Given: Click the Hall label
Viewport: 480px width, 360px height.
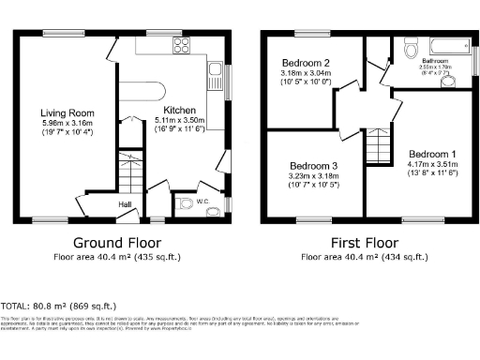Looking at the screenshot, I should click(125, 203).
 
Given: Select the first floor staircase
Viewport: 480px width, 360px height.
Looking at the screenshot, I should click(377, 145).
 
